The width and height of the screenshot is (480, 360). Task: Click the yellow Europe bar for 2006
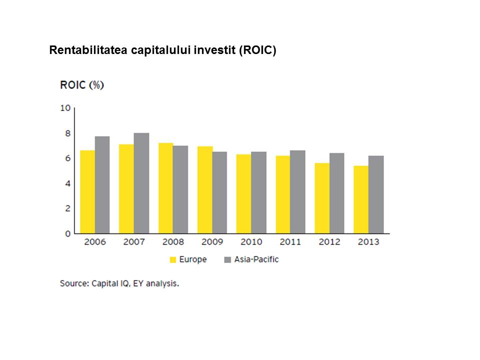[x=87, y=191]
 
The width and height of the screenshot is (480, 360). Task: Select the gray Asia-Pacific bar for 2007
[x=141, y=183]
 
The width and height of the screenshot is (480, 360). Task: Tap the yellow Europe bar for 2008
[x=165, y=188]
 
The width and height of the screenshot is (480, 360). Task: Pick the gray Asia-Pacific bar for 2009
[x=219, y=192]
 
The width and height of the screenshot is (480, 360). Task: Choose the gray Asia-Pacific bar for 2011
[x=297, y=192]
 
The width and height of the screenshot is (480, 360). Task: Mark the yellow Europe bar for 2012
[x=322, y=198]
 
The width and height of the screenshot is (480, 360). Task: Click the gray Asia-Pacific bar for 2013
[x=376, y=194]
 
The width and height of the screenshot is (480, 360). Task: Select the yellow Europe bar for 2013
[x=361, y=199]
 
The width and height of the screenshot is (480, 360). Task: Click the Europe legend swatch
[x=173, y=259]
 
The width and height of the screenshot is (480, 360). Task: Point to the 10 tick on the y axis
[x=65, y=107]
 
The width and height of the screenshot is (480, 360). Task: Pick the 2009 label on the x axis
[x=212, y=242]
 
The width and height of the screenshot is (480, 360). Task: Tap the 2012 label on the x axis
[x=329, y=242]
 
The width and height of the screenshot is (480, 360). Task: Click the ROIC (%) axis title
[x=82, y=85]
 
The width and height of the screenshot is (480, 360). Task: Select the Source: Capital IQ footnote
[x=119, y=283]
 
